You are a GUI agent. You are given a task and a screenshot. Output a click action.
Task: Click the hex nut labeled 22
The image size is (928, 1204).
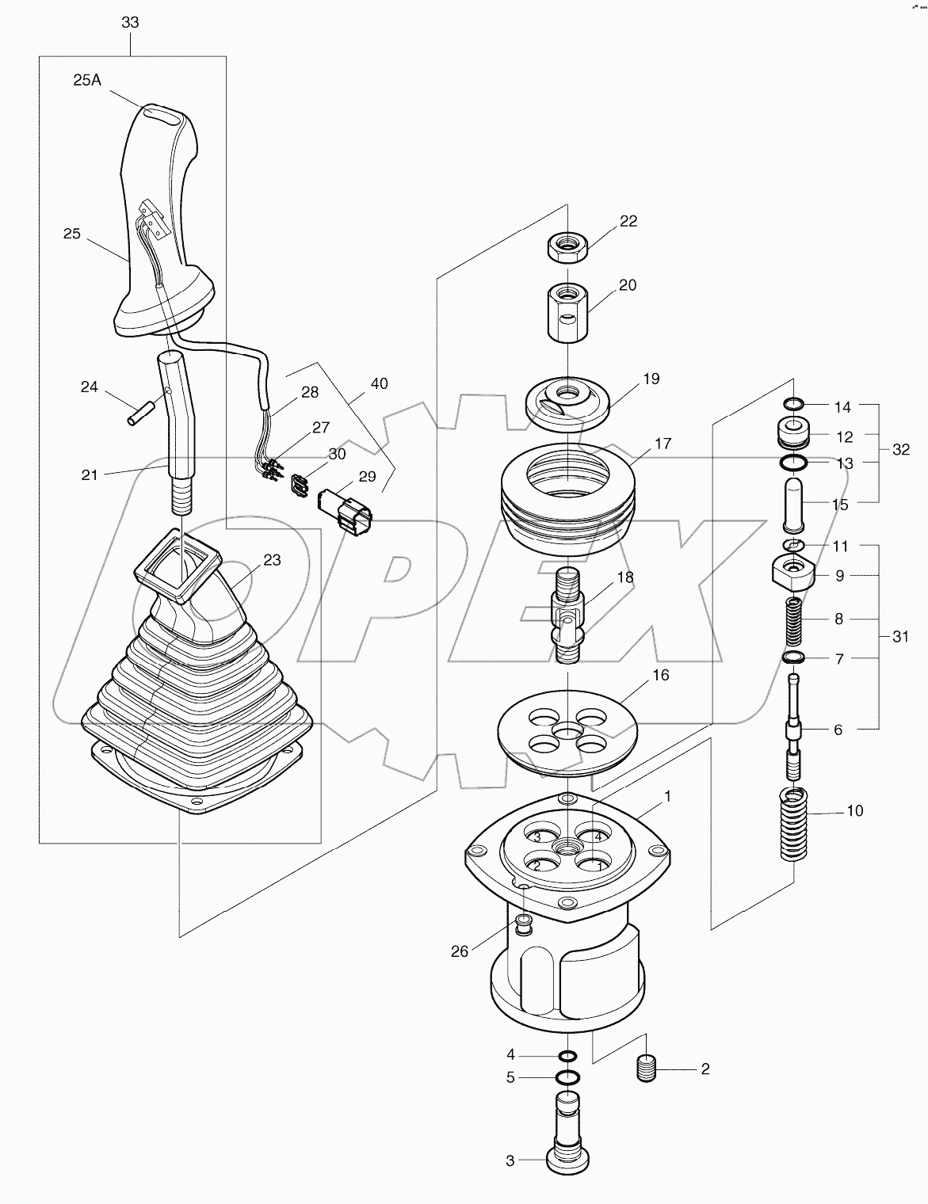[x=567, y=248]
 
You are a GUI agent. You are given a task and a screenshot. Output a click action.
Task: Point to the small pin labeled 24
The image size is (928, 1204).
[x=139, y=413]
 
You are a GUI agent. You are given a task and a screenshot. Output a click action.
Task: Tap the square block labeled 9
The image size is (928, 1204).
[x=792, y=573]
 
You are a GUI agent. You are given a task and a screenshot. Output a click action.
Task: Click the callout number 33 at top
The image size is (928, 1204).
[x=130, y=23]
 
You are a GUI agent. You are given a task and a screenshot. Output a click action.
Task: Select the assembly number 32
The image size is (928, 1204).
[x=901, y=449]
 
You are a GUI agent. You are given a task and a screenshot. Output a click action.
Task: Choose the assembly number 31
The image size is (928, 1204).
[x=901, y=636]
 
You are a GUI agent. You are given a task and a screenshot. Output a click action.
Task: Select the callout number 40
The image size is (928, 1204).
[x=379, y=383]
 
